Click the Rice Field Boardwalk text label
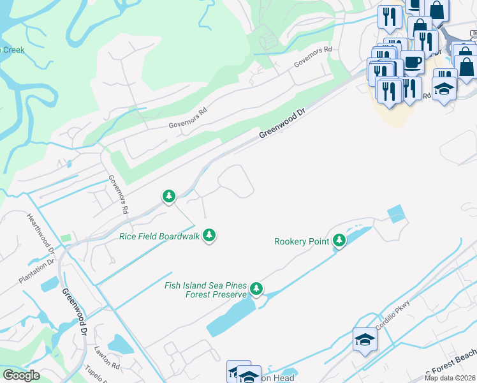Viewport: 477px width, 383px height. [x=159, y=236]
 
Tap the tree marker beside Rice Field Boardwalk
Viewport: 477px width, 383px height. [x=209, y=235]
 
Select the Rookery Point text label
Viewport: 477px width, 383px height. [x=302, y=241]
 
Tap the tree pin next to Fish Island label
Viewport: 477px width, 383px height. [x=256, y=289]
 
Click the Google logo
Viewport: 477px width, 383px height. [x=21, y=375]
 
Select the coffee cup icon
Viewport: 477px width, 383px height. [x=412, y=63]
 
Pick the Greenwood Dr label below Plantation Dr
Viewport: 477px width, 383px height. [x=74, y=312]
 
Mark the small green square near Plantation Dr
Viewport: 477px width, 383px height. [x=66, y=238]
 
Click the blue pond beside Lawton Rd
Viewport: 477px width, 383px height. [x=121, y=345]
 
